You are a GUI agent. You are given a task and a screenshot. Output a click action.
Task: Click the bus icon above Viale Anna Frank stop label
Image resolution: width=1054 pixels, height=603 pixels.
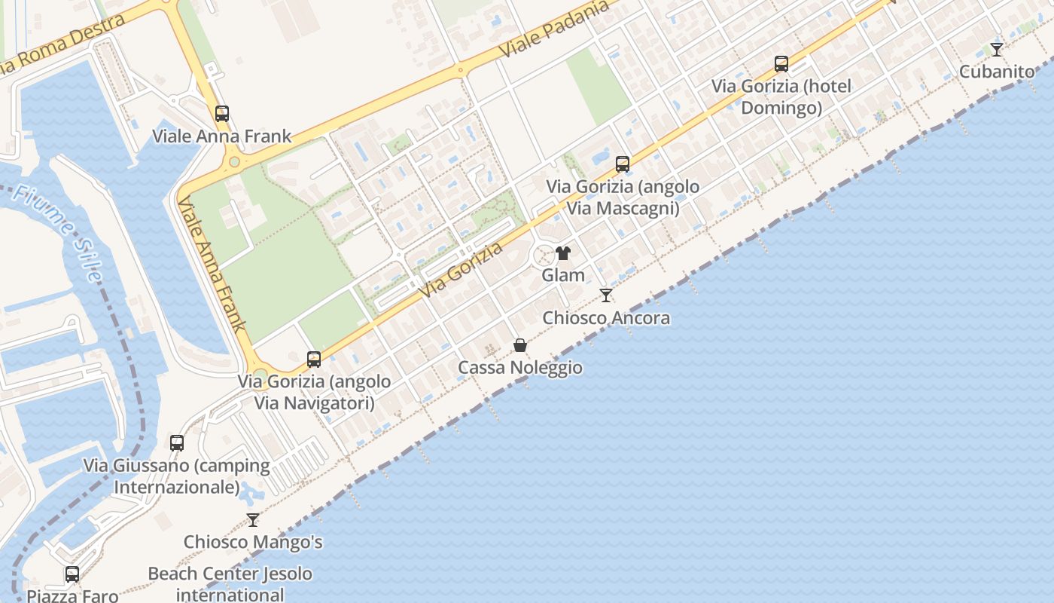point(221,114)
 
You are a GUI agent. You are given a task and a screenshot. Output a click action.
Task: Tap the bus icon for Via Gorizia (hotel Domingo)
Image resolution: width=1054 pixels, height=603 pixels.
point(781,64)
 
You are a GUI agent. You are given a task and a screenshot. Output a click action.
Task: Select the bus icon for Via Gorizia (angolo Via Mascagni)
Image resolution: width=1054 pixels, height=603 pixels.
point(623,164)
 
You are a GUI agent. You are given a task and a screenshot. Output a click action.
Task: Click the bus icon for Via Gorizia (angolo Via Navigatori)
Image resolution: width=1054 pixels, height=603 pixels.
point(314,360)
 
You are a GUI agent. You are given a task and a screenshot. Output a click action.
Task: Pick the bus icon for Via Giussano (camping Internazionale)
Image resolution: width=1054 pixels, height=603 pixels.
point(177,442)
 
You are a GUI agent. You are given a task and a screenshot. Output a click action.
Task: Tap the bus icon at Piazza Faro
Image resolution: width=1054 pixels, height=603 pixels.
point(72,574)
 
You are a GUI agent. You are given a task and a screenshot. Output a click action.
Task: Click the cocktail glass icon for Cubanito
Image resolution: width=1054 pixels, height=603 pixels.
point(996,50)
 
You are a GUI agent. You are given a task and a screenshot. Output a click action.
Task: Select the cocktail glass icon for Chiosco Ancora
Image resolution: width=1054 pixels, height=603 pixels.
point(606,295)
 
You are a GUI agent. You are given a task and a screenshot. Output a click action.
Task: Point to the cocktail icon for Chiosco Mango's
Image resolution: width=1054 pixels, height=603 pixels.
point(253,519)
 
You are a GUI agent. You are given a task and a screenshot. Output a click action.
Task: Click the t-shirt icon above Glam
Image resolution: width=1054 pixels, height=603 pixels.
point(563,253)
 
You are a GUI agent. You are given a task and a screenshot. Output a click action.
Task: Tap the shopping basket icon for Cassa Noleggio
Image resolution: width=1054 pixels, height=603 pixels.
point(520,345)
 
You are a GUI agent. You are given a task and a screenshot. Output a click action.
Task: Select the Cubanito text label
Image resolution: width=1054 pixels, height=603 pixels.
point(997,72)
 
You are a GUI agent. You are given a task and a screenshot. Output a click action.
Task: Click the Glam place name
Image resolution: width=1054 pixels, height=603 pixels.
point(563,275)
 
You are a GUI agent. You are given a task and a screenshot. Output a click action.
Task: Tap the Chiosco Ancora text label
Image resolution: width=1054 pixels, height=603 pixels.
point(606,318)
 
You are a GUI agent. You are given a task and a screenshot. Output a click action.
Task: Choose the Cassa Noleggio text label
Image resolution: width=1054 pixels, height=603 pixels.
point(520,368)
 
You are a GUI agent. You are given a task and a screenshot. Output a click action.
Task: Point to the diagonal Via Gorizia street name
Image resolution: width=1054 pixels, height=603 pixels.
point(461,269)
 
